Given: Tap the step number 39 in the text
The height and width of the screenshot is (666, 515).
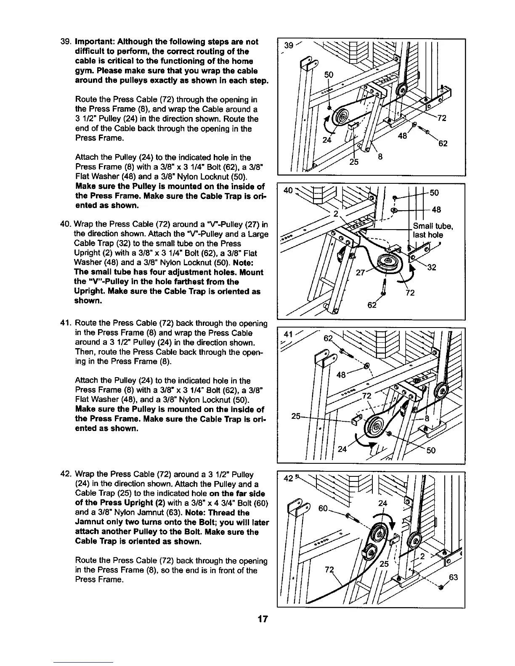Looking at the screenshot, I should [x=65, y=42].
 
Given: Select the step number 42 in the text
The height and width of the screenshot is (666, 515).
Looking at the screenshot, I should [x=66, y=475].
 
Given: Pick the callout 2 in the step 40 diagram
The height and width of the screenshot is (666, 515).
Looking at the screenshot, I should [x=336, y=213].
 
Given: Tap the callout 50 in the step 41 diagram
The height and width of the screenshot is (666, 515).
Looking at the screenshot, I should [x=431, y=451].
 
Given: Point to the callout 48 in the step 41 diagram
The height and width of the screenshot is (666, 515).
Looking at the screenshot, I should [x=342, y=374].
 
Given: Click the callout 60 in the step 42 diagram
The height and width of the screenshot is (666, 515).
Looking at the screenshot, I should [x=323, y=508].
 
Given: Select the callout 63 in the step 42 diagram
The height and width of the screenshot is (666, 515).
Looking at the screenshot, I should [x=453, y=578].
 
